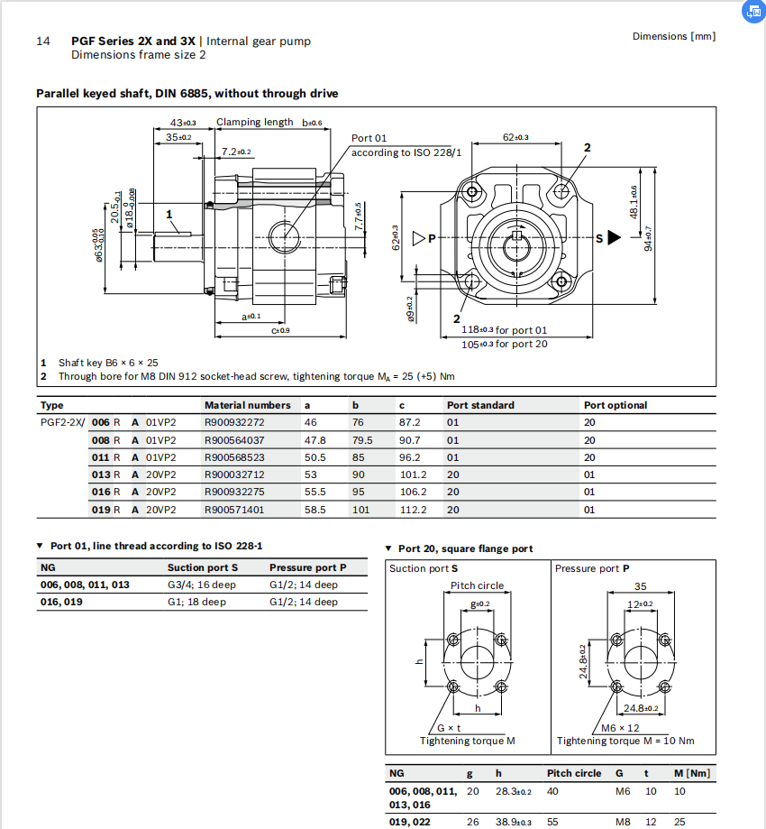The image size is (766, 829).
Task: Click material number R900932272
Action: pyautogui.click(x=234, y=423)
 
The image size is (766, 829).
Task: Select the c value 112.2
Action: pyautogui.click(x=413, y=510)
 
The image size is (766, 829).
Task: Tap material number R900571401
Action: pyautogui.click(x=234, y=510)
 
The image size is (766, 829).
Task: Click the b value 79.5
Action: pyautogui.click(x=362, y=440)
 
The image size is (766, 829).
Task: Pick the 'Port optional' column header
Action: pyautogui.click(x=616, y=405)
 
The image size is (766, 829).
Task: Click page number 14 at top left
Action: pyautogui.click(x=42, y=41)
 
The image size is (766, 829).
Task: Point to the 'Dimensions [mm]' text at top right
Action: pyautogui.click(x=674, y=36)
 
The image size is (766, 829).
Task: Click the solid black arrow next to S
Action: pyautogui.click(x=615, y=238)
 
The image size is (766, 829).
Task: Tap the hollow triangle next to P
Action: pyautogui.click(x=419, y=238)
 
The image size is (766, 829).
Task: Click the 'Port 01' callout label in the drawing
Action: pyautogui.click(x=369, y=138)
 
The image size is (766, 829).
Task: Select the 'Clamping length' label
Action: pyautogui.click(x=254, y=122)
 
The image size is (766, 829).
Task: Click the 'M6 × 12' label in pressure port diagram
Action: pyautogui.click(x=621, y=728)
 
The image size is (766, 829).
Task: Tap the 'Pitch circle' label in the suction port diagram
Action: pyautogui.click(x=478, y=585)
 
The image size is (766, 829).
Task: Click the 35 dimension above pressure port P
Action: pyautogui.click(x=640, y=585)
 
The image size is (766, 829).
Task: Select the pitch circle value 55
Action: pyautogui.click(x=553, y=822)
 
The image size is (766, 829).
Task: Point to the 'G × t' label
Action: pyautogui.click(x=449, y=728)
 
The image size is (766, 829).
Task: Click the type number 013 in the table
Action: pyautogui.click(x=100, y=474)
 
